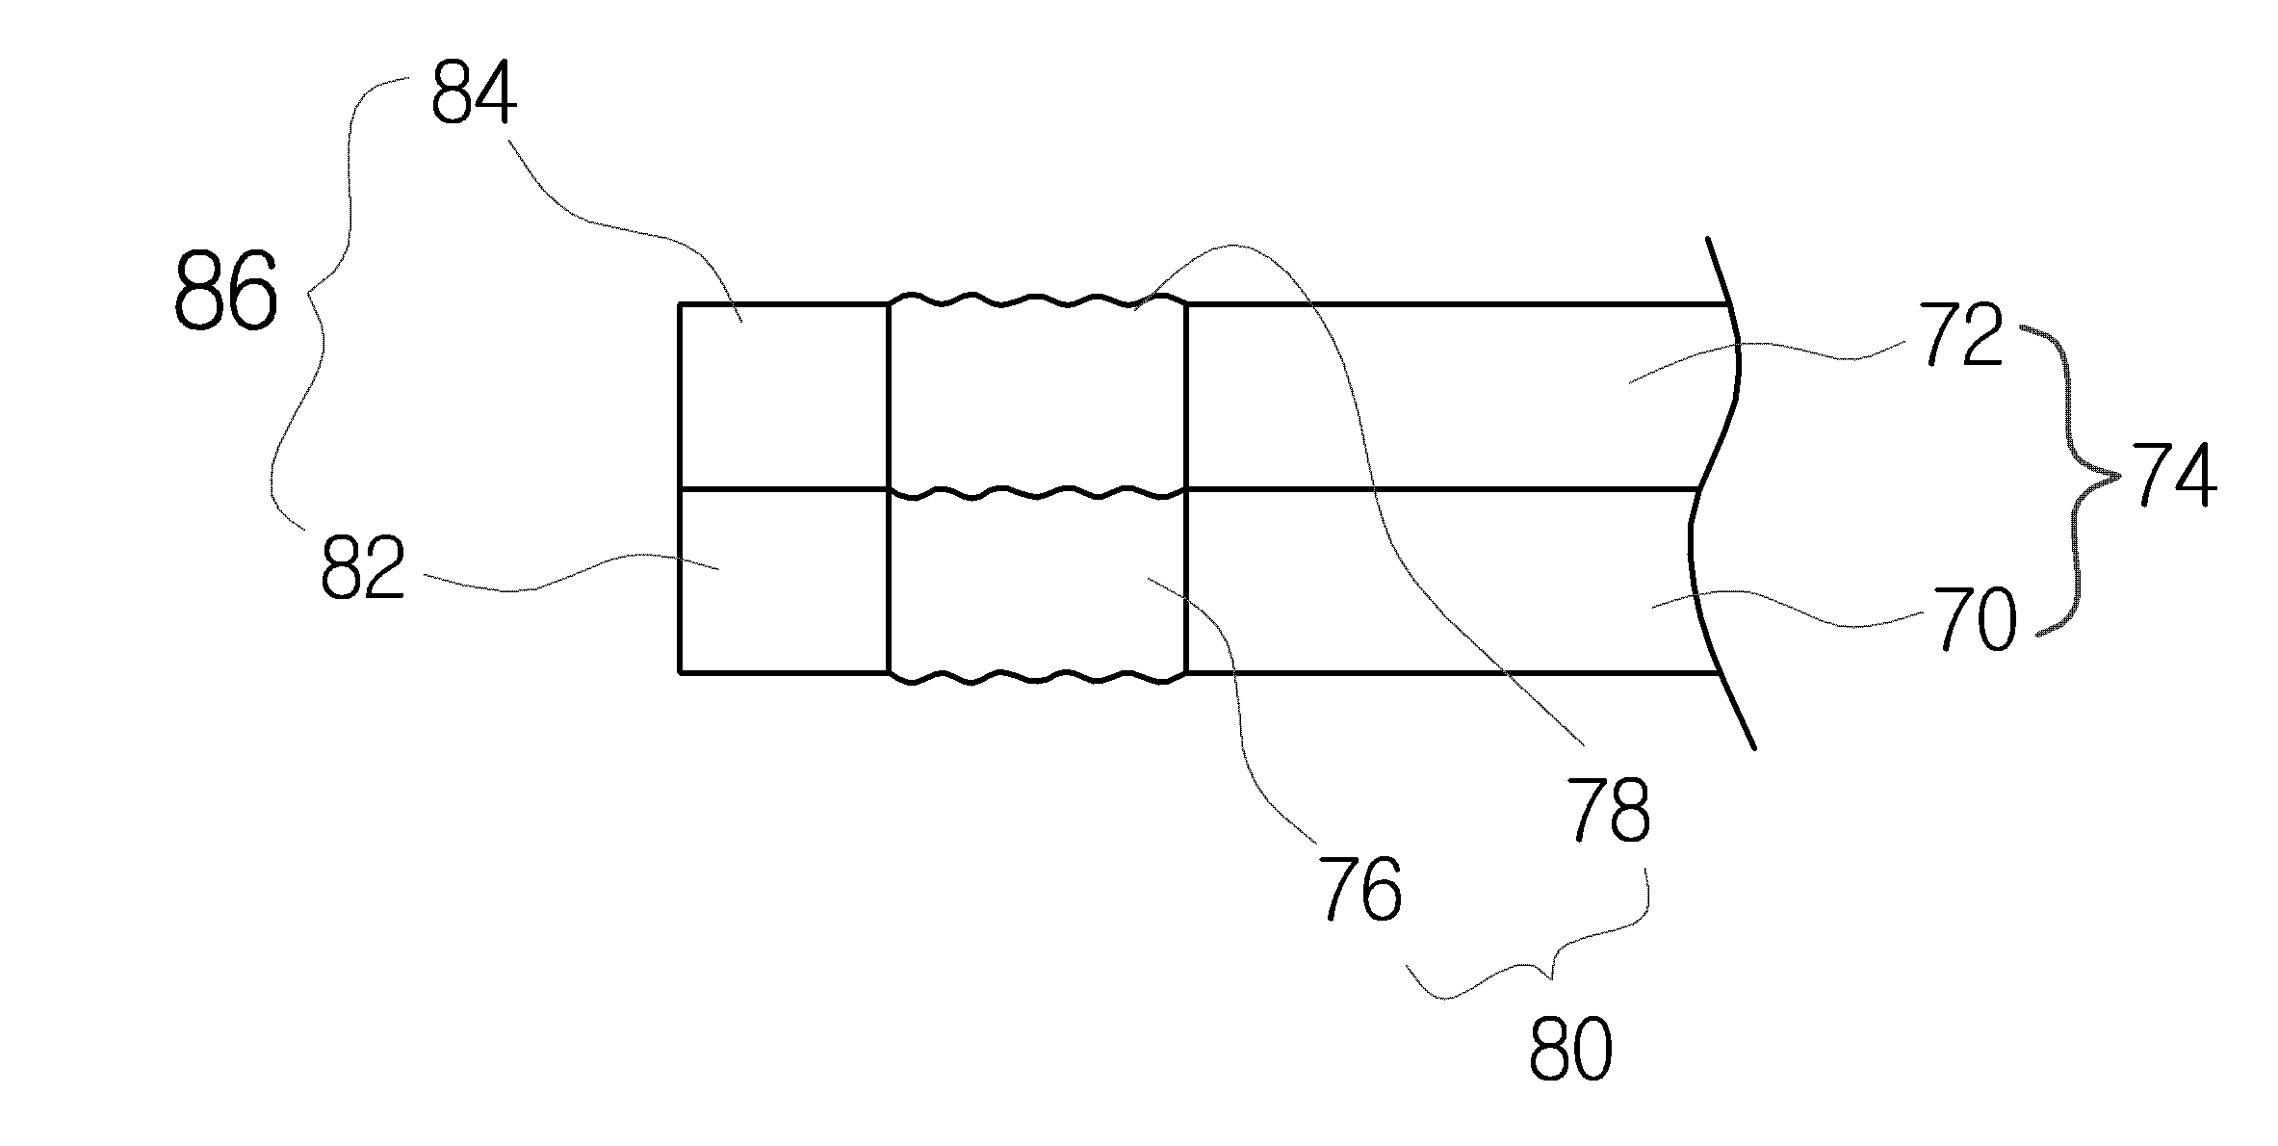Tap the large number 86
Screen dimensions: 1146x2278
(x=225, y=290)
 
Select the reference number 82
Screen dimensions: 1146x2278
(x=362, y=568)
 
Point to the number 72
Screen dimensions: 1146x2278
(x=1963, y=334)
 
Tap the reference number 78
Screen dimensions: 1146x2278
(x=1609, y=810)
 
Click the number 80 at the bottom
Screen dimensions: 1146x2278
(x=1570, y=1049)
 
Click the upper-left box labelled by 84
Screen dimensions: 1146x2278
(x=782, y=396)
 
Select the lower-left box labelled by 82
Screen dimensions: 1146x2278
(x=782, y=581)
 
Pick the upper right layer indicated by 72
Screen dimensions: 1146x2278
(x=1444, y=396)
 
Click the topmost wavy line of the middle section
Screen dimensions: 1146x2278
(x=1035, y=302)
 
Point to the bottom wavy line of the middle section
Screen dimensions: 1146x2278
(x=1035, y=678)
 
